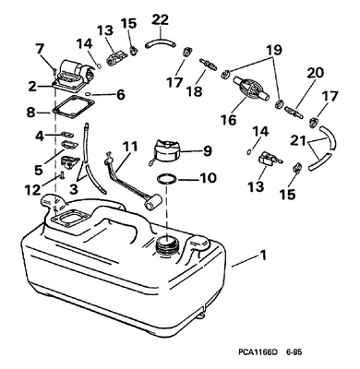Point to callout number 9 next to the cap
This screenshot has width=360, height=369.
(207, 151)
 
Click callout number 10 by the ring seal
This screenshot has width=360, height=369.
(207, 177)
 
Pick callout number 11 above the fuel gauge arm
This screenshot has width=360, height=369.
(130, 146)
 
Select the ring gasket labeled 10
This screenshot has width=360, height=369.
(167, 178)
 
